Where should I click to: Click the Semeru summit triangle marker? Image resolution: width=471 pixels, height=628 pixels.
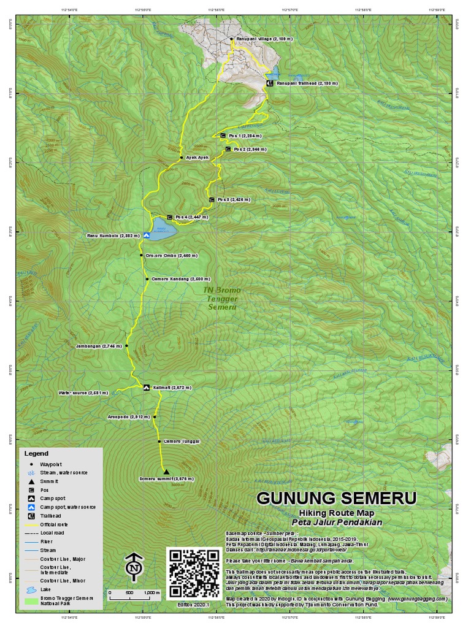click(x=166, y=472)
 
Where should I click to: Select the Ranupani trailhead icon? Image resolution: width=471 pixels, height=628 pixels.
click(x=269, y=83)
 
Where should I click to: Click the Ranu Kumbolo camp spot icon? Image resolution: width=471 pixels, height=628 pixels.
click(x=147, y=235)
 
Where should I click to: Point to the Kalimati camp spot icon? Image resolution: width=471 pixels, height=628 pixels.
click(x=146, y=388)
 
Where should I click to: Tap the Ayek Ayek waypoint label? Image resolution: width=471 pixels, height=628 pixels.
click(x=197, y=158)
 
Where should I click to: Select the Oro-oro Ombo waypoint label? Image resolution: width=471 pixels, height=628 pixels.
click(x=167, y=255)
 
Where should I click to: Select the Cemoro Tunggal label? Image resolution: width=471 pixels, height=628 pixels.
click(x=182, y=442)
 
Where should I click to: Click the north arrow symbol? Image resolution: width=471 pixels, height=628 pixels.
click(x=133, y=568)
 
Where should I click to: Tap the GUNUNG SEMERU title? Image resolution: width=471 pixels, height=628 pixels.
click(x=336, y=497)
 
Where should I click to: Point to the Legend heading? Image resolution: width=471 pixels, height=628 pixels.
click(x=36, y=454)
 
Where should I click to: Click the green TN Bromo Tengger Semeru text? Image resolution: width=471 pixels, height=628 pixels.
click(x=222, y=298)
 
